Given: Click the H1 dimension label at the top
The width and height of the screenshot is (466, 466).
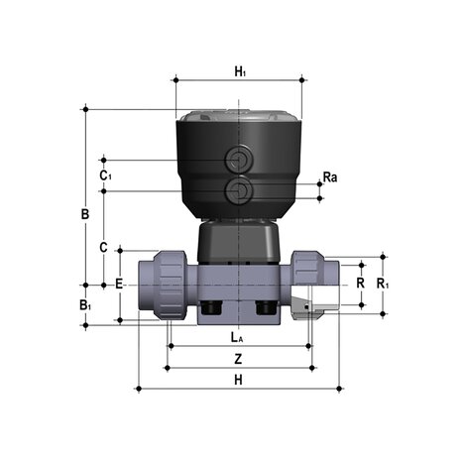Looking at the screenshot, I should tap(239, 71).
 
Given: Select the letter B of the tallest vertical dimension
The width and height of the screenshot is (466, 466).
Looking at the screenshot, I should tap(86, 214).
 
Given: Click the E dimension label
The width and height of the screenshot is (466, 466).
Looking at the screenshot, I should tap(120, 284).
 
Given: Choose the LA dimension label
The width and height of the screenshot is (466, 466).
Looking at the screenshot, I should tap(237, 337).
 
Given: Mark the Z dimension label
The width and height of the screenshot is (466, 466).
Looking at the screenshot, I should tap(237, 358).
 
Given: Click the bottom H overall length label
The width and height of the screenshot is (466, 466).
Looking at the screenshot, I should tap(237, 380).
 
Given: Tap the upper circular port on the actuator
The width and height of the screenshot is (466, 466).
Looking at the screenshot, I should tap(239, 160).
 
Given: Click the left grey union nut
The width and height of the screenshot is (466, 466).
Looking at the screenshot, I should tap(166, 284).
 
